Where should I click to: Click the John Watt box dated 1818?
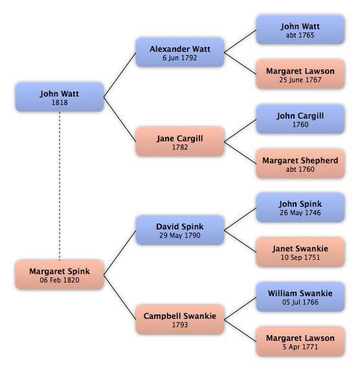point(60,97)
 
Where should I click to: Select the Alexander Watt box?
point(180,52)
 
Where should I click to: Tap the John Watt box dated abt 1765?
point(300,30)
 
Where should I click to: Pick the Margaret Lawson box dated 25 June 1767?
point(300,75)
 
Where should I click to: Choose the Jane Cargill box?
point(180,142)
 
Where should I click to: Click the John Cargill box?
point(300,119)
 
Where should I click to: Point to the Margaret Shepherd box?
point(300,164)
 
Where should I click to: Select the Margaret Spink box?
point(60,275)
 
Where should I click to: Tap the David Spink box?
point(180,230)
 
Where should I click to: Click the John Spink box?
point(300,208)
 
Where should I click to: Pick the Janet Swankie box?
point(300,253)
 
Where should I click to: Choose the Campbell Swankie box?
point(180,320)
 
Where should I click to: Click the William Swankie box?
point(300,297)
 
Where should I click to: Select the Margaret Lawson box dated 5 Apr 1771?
point(300,342)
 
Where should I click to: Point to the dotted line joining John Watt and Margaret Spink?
point(60,186)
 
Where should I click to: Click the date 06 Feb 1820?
point(60,280)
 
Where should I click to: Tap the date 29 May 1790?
point(180,235)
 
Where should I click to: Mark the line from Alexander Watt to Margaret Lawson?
point(240,64)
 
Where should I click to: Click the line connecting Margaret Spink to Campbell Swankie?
point(120,297)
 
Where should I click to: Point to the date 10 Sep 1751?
point(300,257)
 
